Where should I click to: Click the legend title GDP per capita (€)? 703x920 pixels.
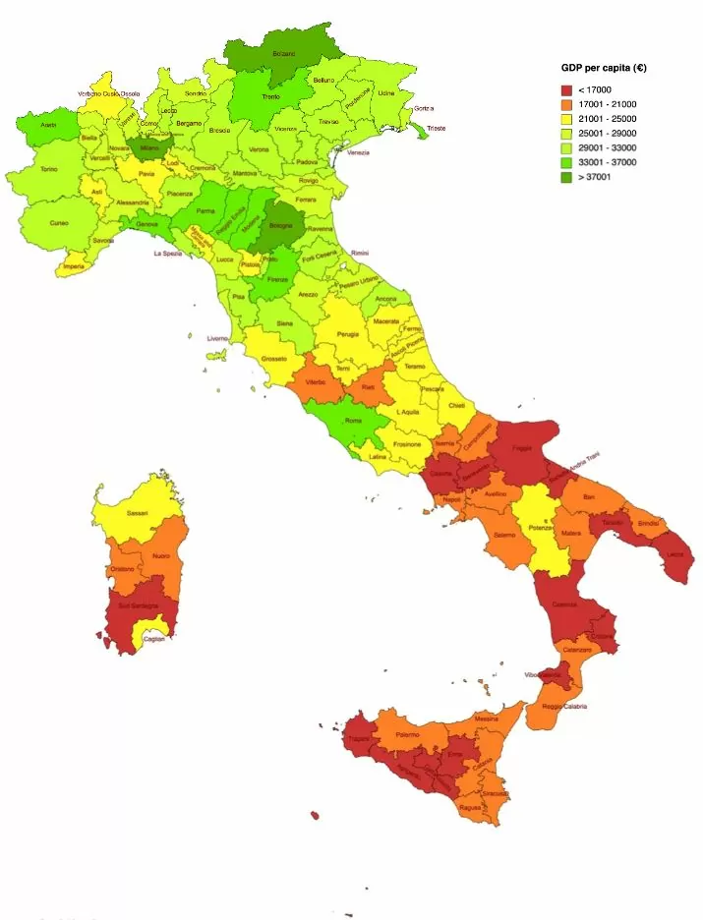click(x=603, y=68)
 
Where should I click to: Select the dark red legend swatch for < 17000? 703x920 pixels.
click(x=566, y=89)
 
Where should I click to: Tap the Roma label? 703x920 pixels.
click(x=353, y=421)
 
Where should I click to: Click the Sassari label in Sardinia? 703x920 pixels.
click(x=138, y=512)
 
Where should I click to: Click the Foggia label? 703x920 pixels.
click(x=521, y=448)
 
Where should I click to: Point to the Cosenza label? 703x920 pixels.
click(x=564, y=604)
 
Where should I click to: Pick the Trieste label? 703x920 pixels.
click(x=437, y=128)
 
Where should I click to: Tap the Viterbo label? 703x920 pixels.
click(x=316, y=380)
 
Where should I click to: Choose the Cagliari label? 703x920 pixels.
click(x=154, y=640)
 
